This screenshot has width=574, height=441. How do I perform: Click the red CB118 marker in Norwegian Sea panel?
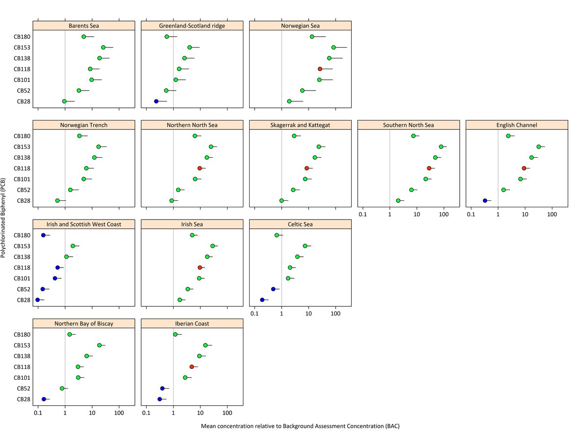[320, 69]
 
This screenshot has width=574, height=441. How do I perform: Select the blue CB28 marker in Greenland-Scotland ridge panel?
[156, 101]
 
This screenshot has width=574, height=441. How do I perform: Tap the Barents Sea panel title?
[84, 25]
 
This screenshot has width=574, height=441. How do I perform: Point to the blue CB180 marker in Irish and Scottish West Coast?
[43, 235]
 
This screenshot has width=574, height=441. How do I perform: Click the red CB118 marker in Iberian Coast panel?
[192, 367]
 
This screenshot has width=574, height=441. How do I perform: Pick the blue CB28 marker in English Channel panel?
[485, 200]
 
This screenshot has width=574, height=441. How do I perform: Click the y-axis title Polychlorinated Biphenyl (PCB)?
[4, 218]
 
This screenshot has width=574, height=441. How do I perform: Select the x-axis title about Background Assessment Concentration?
[300, 426]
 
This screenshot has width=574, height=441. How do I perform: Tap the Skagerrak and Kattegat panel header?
[300, 125]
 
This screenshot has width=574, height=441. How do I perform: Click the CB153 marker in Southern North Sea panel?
[441, 147]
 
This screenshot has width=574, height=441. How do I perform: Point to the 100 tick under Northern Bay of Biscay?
[119, 413]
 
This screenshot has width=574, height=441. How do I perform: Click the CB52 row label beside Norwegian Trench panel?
[24, 190]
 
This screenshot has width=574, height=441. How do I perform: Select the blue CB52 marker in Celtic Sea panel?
[273, 289]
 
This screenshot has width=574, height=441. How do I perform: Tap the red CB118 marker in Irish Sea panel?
[200, 268]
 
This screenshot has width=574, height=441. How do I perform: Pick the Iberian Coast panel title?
[192, 323]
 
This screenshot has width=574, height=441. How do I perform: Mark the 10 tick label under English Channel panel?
[525, 214]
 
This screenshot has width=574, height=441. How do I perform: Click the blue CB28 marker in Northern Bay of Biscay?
[44, 399]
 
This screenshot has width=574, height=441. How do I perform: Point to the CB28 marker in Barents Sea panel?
[64, 101]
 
